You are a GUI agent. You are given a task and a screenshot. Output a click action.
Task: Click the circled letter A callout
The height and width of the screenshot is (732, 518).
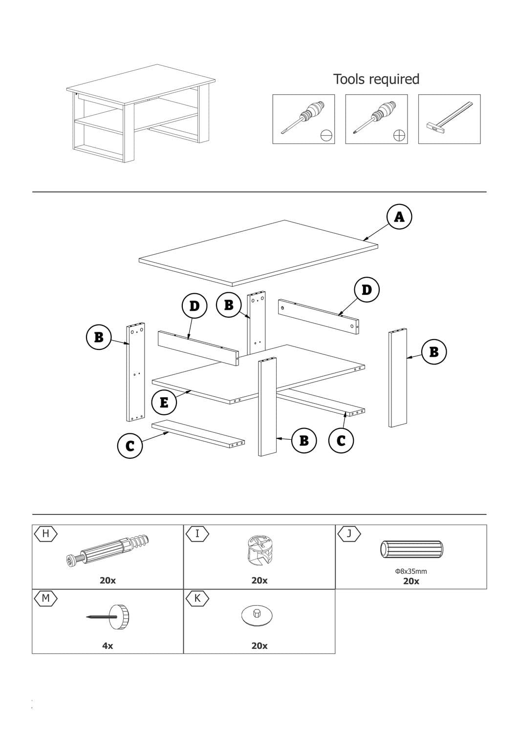pyautogui.click(x=399, y=217)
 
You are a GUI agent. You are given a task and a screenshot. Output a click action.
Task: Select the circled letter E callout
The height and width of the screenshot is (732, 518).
pyautogui.click(x=164, y=402)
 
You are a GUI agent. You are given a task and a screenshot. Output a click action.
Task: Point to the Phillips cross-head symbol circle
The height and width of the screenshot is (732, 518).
pyautogui.click(x=399, y=136)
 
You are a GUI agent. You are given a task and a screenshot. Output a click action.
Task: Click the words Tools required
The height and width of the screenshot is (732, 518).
pyautogui.click(x=376, y=79)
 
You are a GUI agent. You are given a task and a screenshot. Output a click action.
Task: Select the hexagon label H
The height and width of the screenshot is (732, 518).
pyautogui.click(x=46, y=534)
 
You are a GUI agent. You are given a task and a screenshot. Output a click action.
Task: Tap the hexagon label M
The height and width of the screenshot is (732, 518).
pyautogui.click(x=46, y=598)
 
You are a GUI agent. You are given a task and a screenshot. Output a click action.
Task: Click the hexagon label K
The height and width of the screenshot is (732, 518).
pyautogui.click(x=197, y=598)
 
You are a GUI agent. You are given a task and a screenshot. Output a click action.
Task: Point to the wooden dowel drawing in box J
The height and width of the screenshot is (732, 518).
pyautogui.click(x=411, y=549)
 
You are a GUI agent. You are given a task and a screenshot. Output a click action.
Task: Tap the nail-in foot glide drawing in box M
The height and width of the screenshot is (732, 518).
pyautogui.click(x=108, y=617)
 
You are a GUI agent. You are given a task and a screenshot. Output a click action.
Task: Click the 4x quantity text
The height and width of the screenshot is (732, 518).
pyautogui.click(x=108, y=646)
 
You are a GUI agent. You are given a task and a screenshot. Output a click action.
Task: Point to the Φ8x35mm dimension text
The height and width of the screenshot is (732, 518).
pyautogui.click(x=411, y=571)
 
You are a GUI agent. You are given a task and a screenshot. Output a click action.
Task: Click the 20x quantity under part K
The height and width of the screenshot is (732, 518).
pyautogui.click(x=259, y=646)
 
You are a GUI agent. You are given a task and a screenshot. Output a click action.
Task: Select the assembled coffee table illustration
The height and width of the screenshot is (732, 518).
pyautogui.click(x=141, y=113)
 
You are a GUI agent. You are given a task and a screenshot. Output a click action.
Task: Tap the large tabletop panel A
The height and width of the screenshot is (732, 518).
pyautogui.click(x=258, y=253)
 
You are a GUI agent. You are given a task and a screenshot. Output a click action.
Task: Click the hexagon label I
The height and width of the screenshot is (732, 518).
pyautogui.click(x=197, y=534)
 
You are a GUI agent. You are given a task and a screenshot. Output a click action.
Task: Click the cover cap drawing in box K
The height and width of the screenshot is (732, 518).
pyautogui.click(x=257, y=615)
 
